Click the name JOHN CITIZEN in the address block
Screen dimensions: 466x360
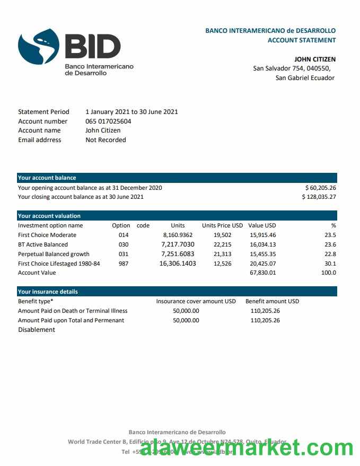pyautogui.click(x=314, y=59)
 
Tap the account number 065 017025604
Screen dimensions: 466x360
pyautogui.click(x=108, y=121)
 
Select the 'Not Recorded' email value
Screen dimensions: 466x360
pyautogui.click(x=106, y=140)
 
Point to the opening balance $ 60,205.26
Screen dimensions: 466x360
pyautogui.click(x=320, y=188)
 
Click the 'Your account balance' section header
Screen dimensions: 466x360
pyautogui.click(x=47, y=178)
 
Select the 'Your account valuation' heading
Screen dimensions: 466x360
pyautogui.click(x=49, y=216)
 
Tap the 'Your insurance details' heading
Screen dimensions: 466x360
pyautogui.click(x=48, y=292)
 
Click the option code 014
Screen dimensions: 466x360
pyautogui.click(x=124, y=235)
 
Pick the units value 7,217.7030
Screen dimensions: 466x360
pyautogui.click(x=178, y=244)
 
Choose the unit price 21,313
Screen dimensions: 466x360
pyautogui.click(x=222, y=254)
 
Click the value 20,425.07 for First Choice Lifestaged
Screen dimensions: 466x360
pyautogui.click(x=262, y=263)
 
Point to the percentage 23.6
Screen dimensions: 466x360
pyautogui.click(x=330, y=244)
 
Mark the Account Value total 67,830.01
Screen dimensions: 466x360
pyautogui.click(x=262, y=272)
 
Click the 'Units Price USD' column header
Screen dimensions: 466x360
pyautogui.click(x=222, y=225)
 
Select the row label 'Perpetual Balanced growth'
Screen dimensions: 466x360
pyautogui.click(x=54, y=254)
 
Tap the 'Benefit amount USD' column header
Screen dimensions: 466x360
pyautogui.click(x=272, y=301)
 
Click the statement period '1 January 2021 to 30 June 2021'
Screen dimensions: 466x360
pyautogui.click(x=131, y=112)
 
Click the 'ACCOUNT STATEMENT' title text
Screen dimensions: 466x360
pyautogui.click(x=301, y=40)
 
